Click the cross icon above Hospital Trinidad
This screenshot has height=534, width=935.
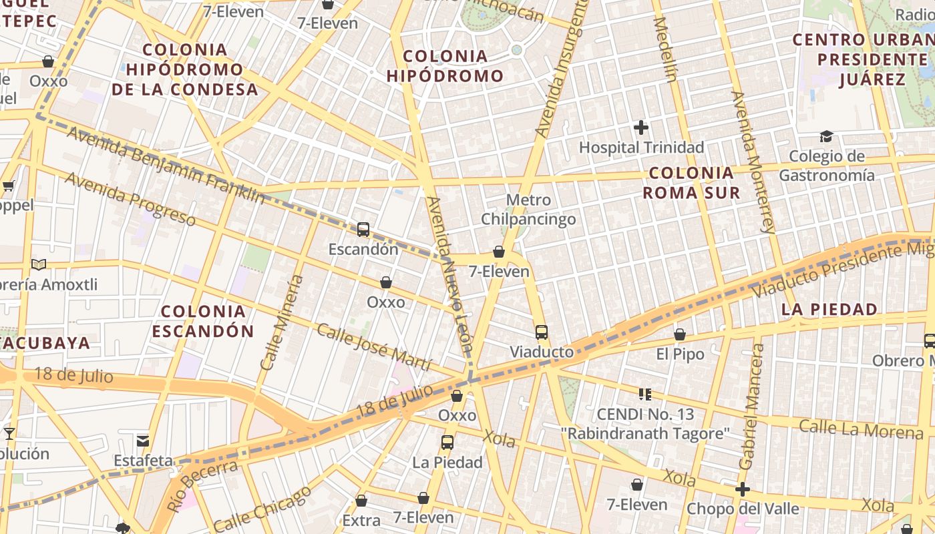point(641,127)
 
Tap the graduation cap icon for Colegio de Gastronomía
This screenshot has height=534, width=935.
point(826,137)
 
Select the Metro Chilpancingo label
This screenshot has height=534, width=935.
point(528,210)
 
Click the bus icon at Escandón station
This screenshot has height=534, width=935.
point(363,230)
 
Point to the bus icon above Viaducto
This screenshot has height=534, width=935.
point(542,332)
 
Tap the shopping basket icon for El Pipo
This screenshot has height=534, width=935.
point(680,334)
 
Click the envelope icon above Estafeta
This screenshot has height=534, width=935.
point(143,441)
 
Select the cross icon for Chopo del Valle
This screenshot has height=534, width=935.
point(742,489)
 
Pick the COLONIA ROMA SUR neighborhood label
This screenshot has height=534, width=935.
point(691,183)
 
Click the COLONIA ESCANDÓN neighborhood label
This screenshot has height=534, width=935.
point(203,321)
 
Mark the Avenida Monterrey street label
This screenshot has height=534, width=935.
point(753,162)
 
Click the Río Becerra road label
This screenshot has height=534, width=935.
point(202,485)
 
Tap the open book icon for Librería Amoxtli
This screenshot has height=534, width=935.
point(39,265)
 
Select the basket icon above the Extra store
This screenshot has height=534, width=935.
point(361,501)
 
